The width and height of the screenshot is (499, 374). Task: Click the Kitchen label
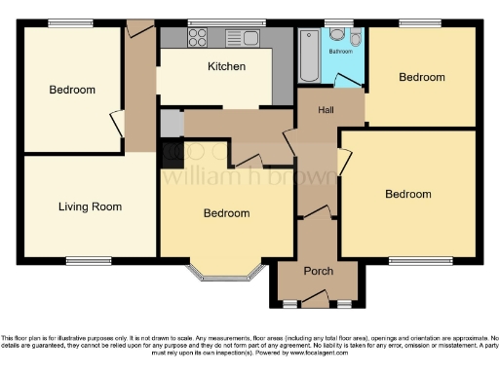(x=226, y=67)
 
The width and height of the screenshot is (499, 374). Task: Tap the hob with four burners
(x=197, y=38)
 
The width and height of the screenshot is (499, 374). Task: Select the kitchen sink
(x=240, y=38)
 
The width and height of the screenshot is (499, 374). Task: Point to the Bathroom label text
(x=340, y=50)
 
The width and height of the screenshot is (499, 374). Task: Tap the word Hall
(x=326, y=110)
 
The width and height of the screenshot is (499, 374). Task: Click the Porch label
(x=319, y=271)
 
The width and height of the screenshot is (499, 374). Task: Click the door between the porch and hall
(x=318, y=214)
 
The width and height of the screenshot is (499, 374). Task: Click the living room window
(x=89, y=259)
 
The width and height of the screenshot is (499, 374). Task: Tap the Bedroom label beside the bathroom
(x=421, y=77)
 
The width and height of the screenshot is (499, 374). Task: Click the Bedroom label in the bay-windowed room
(x=226, y=213)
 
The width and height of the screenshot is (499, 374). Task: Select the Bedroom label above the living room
(x=72, y=91)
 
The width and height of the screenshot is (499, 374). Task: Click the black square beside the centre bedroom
(x=172, y=152)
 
